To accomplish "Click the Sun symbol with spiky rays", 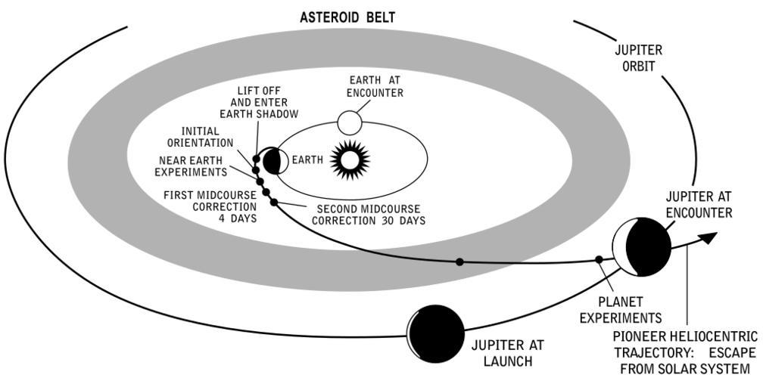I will (350, 159).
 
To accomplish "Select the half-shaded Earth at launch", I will (273, 160).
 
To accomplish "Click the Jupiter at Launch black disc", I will (436, 333).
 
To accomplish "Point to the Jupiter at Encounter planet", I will (642, 247).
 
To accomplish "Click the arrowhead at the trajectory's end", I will (707, 237).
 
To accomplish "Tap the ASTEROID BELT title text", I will (347, 17).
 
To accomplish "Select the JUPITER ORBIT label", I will (639, 58).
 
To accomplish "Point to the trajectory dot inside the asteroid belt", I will (459, 262).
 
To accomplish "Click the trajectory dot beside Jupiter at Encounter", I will (599, 259).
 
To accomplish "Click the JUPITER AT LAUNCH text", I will (507, 353).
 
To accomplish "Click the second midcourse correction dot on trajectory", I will (273, 202).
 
